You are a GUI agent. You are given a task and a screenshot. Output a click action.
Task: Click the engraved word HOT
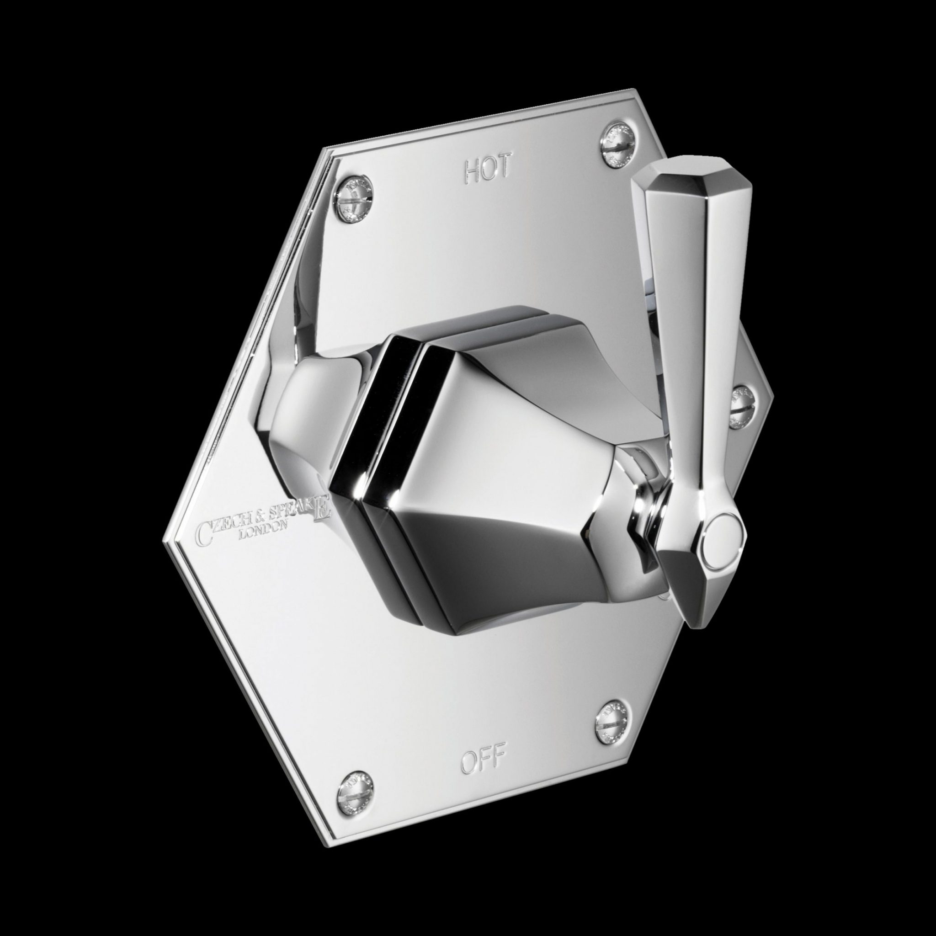[x=488, y=169]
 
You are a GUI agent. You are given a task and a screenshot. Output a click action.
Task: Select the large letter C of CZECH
[x=202, y=532]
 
